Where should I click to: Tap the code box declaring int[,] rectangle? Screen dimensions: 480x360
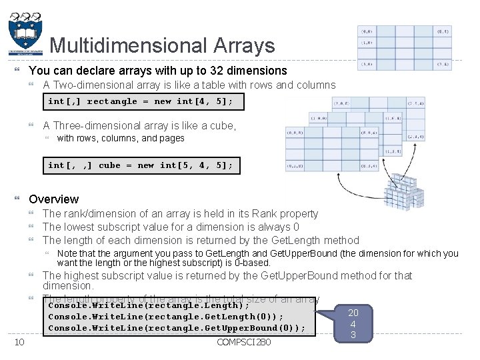143,101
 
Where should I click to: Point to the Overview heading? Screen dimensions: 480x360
54,199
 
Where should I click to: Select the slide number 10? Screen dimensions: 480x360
19,342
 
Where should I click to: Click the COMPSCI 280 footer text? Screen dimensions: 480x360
243,342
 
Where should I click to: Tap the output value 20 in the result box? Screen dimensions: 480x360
353,313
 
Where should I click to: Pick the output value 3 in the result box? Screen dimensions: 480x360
353,335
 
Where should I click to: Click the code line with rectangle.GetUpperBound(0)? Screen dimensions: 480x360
177,328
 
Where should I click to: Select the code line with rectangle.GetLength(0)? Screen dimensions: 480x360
166,317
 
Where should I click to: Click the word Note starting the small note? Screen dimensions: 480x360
67,253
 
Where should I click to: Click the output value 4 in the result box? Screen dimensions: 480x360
353,324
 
